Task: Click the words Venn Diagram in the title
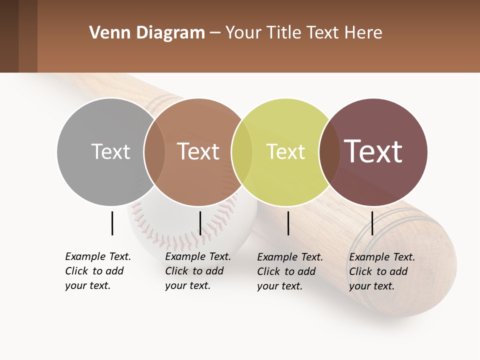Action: point(147,33)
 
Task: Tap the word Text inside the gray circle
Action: point(110,151)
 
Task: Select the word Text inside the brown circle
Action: point(198,151)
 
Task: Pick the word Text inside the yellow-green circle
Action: point(285,151)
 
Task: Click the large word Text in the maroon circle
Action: point(373,151)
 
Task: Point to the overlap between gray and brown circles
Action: point(154,151)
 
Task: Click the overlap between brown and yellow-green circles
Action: point(242,151)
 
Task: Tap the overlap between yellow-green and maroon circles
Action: point(329,151)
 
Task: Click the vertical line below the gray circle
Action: point(112,223)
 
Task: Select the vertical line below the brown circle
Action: point(200,223)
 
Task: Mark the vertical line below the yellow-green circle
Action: point(288,223)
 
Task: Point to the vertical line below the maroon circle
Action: point(372,223)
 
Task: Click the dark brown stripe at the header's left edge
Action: point(9,36)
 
